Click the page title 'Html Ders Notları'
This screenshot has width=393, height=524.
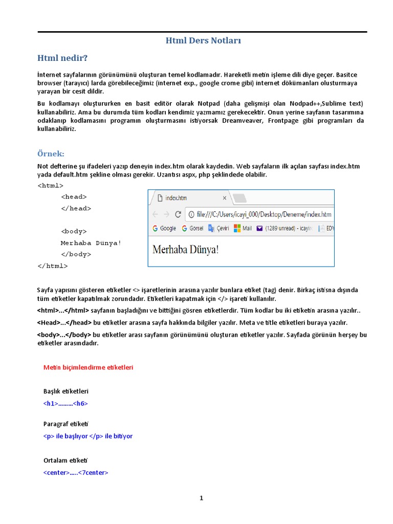coord(203,40)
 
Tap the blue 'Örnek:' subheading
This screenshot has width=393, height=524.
coord(51,154)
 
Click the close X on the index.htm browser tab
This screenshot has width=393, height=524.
coord(224,198)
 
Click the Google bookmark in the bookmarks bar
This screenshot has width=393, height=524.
coord(164,228)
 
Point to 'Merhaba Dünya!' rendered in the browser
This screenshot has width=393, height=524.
coord(185,250)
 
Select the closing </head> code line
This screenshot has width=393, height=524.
coord(76,208)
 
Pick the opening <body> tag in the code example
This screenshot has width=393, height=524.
coord(74,231)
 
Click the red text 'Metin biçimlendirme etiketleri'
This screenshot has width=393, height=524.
coord(88,367)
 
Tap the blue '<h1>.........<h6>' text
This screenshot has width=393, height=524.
coord(65,403)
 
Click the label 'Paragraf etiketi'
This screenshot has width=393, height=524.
coord(66,424)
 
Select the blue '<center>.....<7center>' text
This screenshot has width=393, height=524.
coord(76,472)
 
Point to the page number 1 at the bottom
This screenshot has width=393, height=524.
coord(202,498)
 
